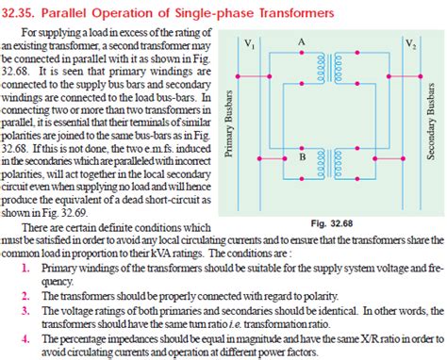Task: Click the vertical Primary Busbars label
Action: [229, 125]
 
